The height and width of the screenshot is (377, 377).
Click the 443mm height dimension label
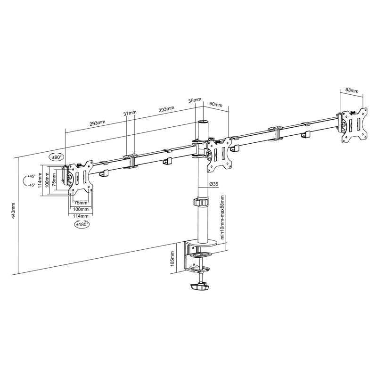point(14,211)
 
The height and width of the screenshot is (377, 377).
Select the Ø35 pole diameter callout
point(213,184)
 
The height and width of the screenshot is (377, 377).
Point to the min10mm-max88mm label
point(222,217)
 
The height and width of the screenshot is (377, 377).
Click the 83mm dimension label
point(352,90)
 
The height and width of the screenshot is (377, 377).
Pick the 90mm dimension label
point(216,105)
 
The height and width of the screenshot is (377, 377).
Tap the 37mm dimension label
point(130,113)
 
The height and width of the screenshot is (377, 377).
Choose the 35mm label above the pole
point(195,100)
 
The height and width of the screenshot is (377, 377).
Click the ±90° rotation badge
point(57,157)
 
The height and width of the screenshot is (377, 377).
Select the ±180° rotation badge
point(82,224)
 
